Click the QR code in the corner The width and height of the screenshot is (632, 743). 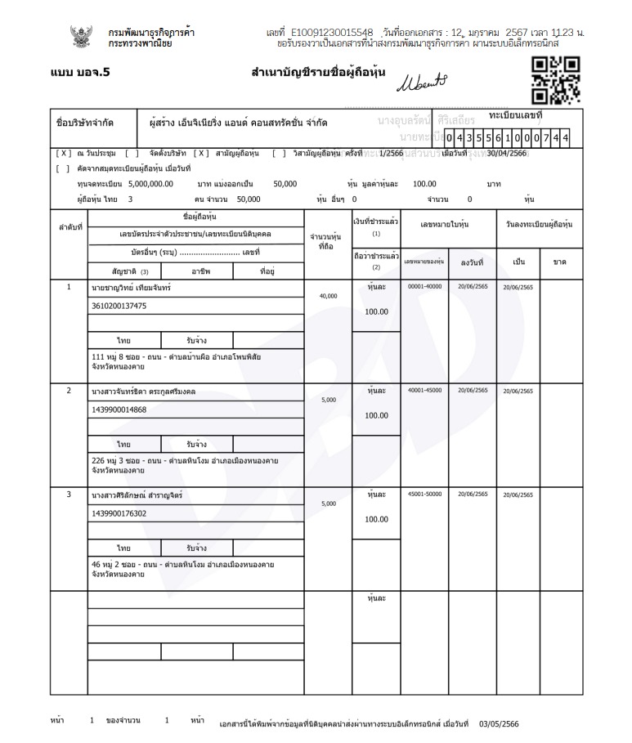555,79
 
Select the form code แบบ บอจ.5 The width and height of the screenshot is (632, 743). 80,72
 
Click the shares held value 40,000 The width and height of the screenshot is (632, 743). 328,296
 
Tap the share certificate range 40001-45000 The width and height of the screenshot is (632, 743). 424,391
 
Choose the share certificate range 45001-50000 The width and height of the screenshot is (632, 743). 424,495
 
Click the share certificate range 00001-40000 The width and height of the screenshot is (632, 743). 424,287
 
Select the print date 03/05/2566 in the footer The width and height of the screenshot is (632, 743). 498,723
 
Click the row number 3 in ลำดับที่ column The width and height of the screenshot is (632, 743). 69,495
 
